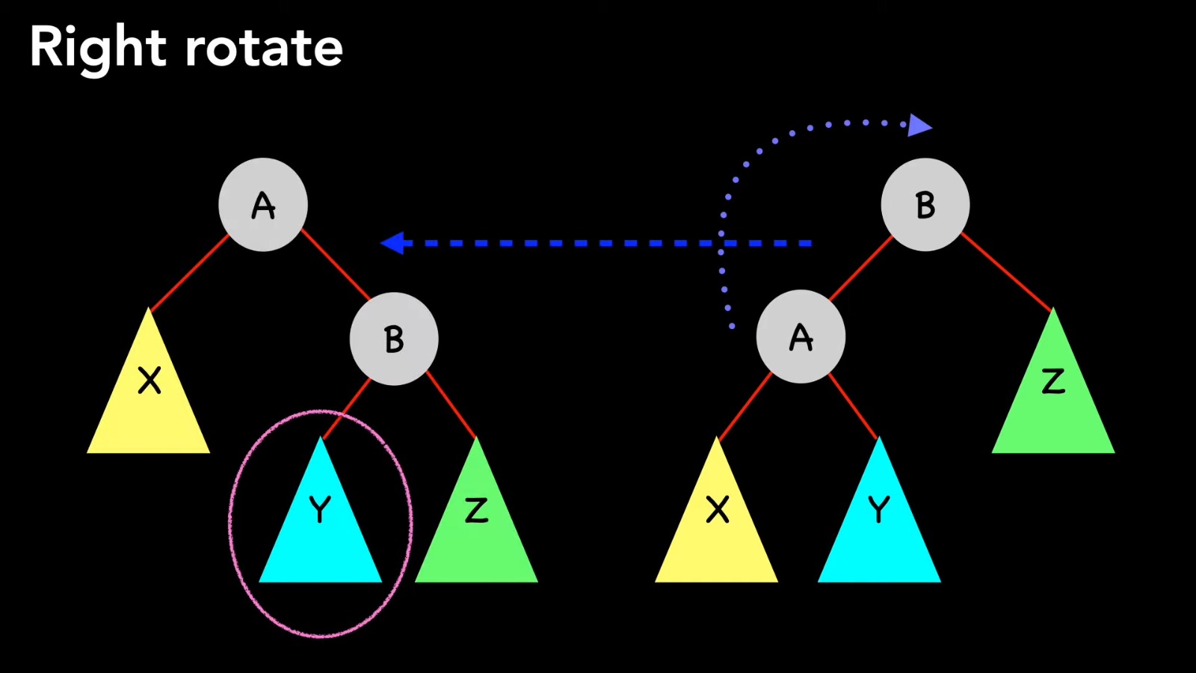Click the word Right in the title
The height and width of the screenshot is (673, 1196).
point(97,48)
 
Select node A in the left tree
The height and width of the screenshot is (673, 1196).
point(263,205)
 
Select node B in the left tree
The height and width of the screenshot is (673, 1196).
point(394,339)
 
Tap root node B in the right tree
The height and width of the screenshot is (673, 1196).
point(925,204)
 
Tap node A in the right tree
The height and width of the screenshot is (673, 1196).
point(801,337)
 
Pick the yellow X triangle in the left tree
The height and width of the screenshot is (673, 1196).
point(149,396)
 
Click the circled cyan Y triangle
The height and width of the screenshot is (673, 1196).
point(320,523)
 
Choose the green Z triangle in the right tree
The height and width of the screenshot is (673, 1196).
point(1053,396)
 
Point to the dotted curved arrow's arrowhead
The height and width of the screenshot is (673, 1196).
point(919,126)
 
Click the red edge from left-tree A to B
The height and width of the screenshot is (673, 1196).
point(336,265)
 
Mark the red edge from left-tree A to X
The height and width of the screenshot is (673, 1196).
point(190,272)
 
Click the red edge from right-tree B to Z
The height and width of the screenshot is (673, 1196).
point(1006,271)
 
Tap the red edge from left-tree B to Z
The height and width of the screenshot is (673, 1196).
point(451,404)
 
